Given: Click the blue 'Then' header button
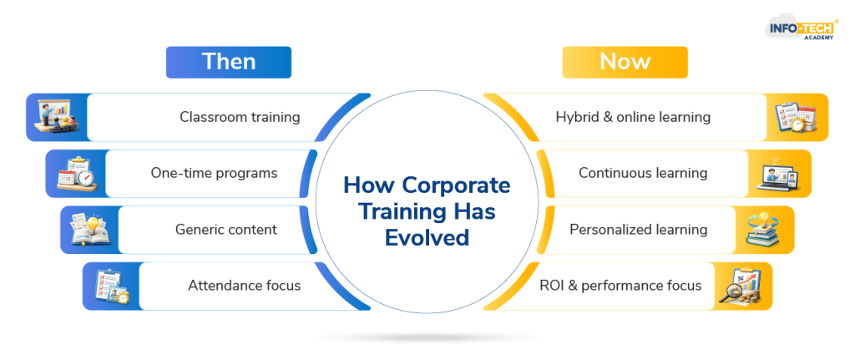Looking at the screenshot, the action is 229,62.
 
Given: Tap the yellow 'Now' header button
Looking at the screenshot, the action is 625,62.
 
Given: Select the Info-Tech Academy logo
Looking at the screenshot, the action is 802,29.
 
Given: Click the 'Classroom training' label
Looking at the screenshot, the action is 240,117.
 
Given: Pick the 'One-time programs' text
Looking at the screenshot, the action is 215,174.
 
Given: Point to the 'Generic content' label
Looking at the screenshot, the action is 225,230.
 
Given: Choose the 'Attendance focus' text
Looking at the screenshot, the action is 245,286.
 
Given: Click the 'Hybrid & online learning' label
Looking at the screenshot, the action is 633,117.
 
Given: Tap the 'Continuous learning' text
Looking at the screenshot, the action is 643,174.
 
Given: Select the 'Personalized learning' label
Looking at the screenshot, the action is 639,230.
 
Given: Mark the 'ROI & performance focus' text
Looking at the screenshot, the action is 620,286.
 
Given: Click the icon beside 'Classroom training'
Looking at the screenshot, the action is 57,116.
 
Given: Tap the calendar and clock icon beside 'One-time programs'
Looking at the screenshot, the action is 76,174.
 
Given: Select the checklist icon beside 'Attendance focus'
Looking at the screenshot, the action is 112,286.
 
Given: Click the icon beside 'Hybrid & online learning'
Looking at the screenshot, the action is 797,117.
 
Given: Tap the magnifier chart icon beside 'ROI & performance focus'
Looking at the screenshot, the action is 741,286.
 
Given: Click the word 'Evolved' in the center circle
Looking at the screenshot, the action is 427,238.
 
